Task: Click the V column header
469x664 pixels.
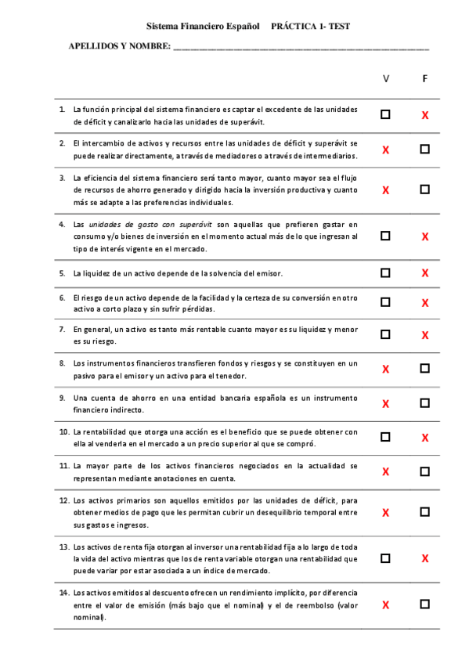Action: coord(385,79)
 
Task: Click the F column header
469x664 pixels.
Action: coord(424,79)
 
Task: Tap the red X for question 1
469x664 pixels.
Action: coord(425,115)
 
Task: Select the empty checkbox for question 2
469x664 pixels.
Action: coord(424,149)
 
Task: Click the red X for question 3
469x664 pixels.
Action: coord(385,190)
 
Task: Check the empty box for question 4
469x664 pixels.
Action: coord(385,236)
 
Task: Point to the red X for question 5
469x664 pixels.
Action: coord(425,273)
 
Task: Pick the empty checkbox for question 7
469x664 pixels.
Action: coord(385,334)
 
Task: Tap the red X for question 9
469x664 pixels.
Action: coord(385,404)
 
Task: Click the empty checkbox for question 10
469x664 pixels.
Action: coord(385,437)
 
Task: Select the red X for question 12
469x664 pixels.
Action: coord(385,513)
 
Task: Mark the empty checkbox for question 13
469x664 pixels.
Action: coord(385,558)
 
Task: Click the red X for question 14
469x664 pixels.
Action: coord(385,605)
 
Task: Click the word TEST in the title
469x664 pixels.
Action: coord(339,26)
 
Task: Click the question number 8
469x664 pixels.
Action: coord(62,363)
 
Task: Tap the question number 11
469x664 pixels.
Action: coord(63,465)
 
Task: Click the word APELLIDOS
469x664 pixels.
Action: coord(92,47)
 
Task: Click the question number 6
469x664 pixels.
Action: coord(62,298)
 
